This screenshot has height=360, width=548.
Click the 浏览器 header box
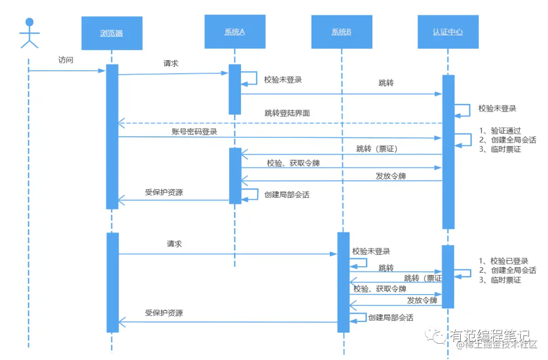pyautogui.click(x=112, y=33)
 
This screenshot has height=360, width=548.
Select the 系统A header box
pyautogui.click(x=234, y=31)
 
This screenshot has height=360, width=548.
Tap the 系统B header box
pyautogui.click(x=341, y=31)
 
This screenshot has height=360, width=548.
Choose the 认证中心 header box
pyautogui.click(x=448, y=31)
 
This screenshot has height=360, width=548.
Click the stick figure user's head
pyautogui.click(x=29, y=22)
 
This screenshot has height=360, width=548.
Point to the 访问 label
pyautogui.click(x=66, y=60)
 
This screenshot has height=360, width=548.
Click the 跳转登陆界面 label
pyautogui.click(x=287, y=113)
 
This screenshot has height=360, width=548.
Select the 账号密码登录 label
pyautogui.click(x=194, y=131)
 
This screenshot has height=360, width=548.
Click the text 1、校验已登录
pyautogui.click(x=504, y=261)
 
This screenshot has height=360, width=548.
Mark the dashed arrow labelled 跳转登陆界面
pyautogui.click(x=279, y=123)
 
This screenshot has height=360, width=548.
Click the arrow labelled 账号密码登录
pyautogui.click(x=279, y=137)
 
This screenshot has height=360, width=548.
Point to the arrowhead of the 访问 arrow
pyautogui.click(x=102, y=70)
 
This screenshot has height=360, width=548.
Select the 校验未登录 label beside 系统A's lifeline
pyautogui.click(x=283, y=80)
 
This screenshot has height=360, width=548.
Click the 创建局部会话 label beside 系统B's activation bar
pyautogui.click(x=391, y=317)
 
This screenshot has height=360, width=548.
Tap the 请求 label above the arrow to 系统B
pyautogui.click(x=174, y=244)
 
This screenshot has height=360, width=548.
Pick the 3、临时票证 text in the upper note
pyautogui.click(x=500, y=149)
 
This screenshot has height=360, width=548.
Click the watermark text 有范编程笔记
pyautogui.click(x=489, y=336)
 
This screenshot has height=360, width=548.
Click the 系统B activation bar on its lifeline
pyautogui.click(x=344, y=282)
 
